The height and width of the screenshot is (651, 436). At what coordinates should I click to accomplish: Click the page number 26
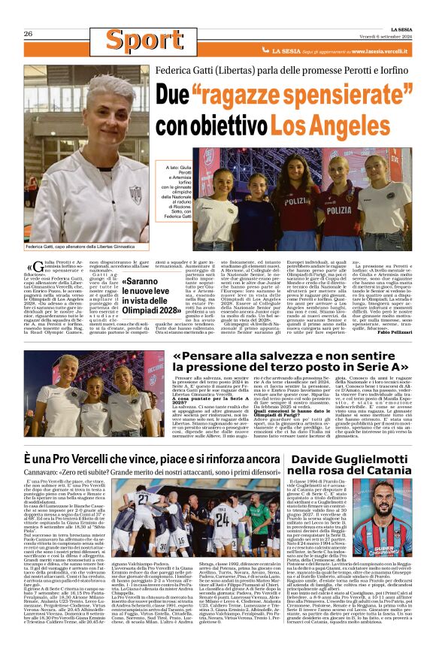pyautogui.click(x=28, y=34)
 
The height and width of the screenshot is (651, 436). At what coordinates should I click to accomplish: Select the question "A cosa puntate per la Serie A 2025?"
pyautogui.click(x=204, y=402)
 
